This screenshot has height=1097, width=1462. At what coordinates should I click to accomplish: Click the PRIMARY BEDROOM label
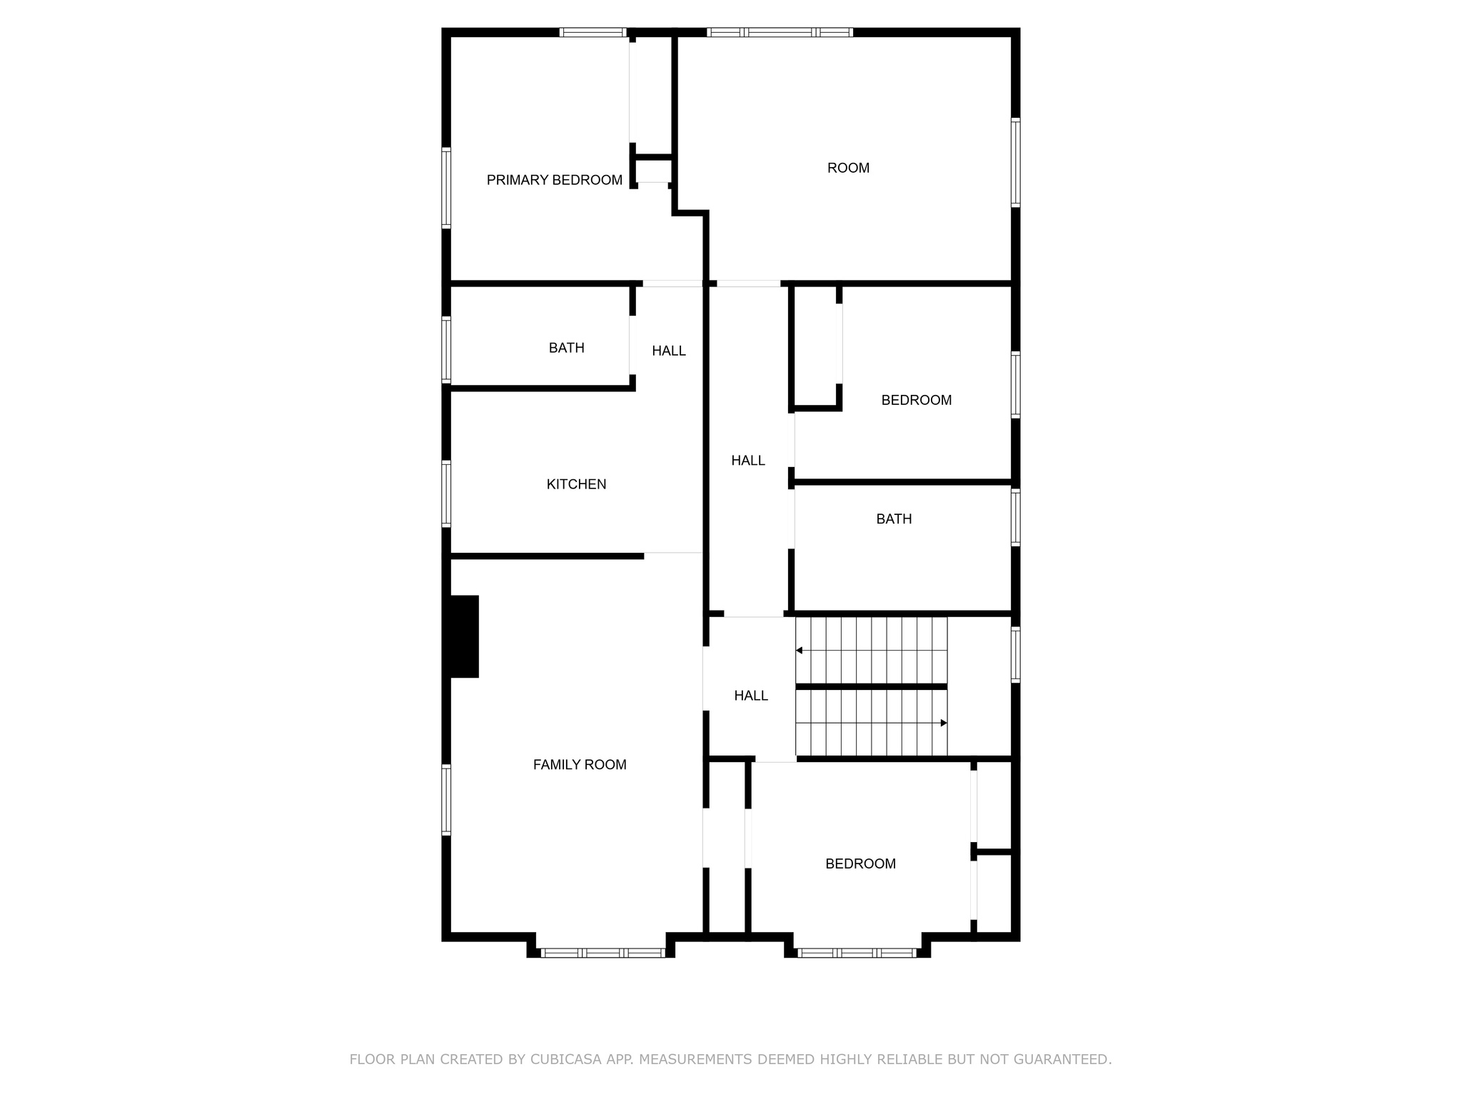pyautogui.click(x=554, y=180)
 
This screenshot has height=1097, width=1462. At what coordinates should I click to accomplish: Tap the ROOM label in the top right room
pyautogui.click(x=848, y=168)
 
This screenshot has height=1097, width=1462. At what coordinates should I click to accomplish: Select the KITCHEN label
pyautogui.click(x=576, y=484)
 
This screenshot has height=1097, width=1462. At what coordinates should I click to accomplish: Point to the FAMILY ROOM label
pyautogui.click(x=580, y=765)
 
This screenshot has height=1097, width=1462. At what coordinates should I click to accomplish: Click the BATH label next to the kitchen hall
pyautogui.click(x=566, y=348)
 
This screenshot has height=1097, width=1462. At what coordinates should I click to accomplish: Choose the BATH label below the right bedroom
pyautogui.click(x=894, y=519)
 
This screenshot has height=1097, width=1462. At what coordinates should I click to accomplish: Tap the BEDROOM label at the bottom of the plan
pyautogui.click(x=860, y=863)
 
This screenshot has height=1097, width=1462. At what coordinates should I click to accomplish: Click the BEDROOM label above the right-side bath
pyautogui.click(x=916, y=400)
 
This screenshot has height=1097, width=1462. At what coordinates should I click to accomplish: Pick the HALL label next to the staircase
pyautogui.click(x=751, y=696)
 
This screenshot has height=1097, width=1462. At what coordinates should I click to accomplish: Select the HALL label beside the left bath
pyautogui.click(x=668, y=351)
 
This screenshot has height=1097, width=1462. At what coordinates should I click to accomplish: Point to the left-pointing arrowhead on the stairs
pyautogui.click(x=799, y=651)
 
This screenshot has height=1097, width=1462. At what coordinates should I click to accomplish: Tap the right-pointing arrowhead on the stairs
pyautogui.click(x=944, y=723)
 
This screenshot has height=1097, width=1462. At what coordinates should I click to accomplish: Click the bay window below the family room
pyautogui.click(x=603, y=953)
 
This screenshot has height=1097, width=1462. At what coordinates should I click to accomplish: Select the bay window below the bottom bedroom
pyautogui.click(x=857, y=953)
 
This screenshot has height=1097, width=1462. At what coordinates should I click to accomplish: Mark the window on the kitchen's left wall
pyautogui.click(x=446, y=494)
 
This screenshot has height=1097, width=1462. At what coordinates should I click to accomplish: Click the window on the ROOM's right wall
pyautogui.click(x=1015, y=162)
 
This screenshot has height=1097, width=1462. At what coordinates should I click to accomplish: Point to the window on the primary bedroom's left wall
pyautogui.click(x=446, y=187)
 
